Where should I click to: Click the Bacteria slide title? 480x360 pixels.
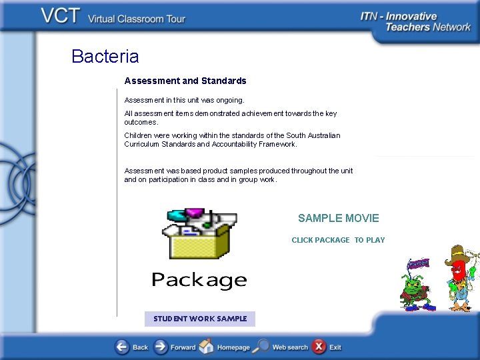[105, 57]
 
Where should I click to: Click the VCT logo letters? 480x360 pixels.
[61, 17]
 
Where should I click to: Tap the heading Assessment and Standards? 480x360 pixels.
[185, 81]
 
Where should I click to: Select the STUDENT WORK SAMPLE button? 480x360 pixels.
[200, 319]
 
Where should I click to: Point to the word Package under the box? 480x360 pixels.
[199, 281]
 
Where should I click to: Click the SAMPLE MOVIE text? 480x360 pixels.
[338, 218]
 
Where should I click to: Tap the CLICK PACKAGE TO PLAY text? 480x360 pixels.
[338, 240]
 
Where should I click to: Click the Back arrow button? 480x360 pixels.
[122, 347]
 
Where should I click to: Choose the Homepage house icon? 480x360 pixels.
[207, 347]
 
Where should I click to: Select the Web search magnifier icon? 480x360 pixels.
[263, 347]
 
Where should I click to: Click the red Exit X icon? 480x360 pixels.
[319, 347]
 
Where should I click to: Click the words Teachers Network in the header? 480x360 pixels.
[427, 27]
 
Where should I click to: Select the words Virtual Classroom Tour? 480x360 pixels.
[137, 19]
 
